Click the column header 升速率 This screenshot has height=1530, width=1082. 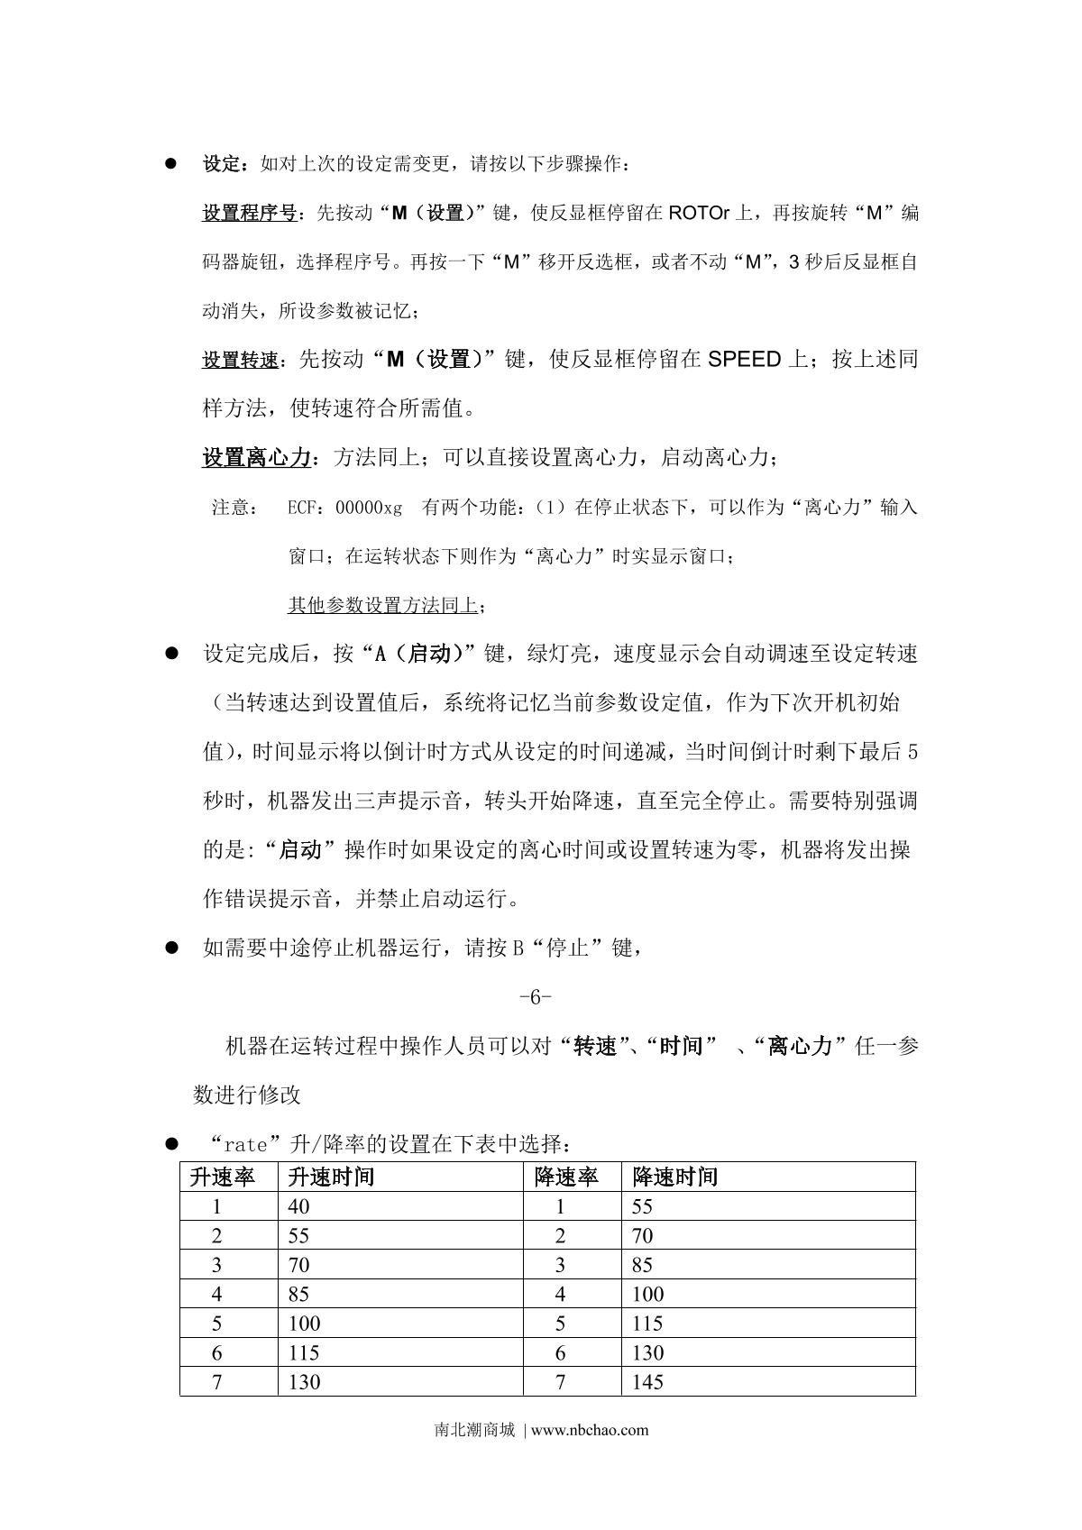222,1177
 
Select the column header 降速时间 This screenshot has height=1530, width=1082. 675,1177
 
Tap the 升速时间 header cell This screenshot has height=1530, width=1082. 331,1177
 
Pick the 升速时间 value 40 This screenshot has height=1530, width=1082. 298,1206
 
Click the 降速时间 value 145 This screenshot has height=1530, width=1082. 647,1381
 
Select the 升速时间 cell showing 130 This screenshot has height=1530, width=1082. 304,1381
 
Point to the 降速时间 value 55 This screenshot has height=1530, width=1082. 642,1206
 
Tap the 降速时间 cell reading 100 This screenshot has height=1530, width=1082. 647,1294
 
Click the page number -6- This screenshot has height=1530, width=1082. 536,997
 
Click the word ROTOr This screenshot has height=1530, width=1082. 702,214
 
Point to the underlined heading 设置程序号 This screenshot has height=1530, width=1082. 249,214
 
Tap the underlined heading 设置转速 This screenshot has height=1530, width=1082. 240,361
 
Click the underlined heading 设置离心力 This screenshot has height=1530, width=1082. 256,458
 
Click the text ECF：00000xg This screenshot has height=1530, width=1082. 344,508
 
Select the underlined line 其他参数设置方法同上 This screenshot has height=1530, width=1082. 382,605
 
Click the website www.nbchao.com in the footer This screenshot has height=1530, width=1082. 591,1430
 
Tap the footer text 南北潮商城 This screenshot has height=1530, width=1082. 474,1430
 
